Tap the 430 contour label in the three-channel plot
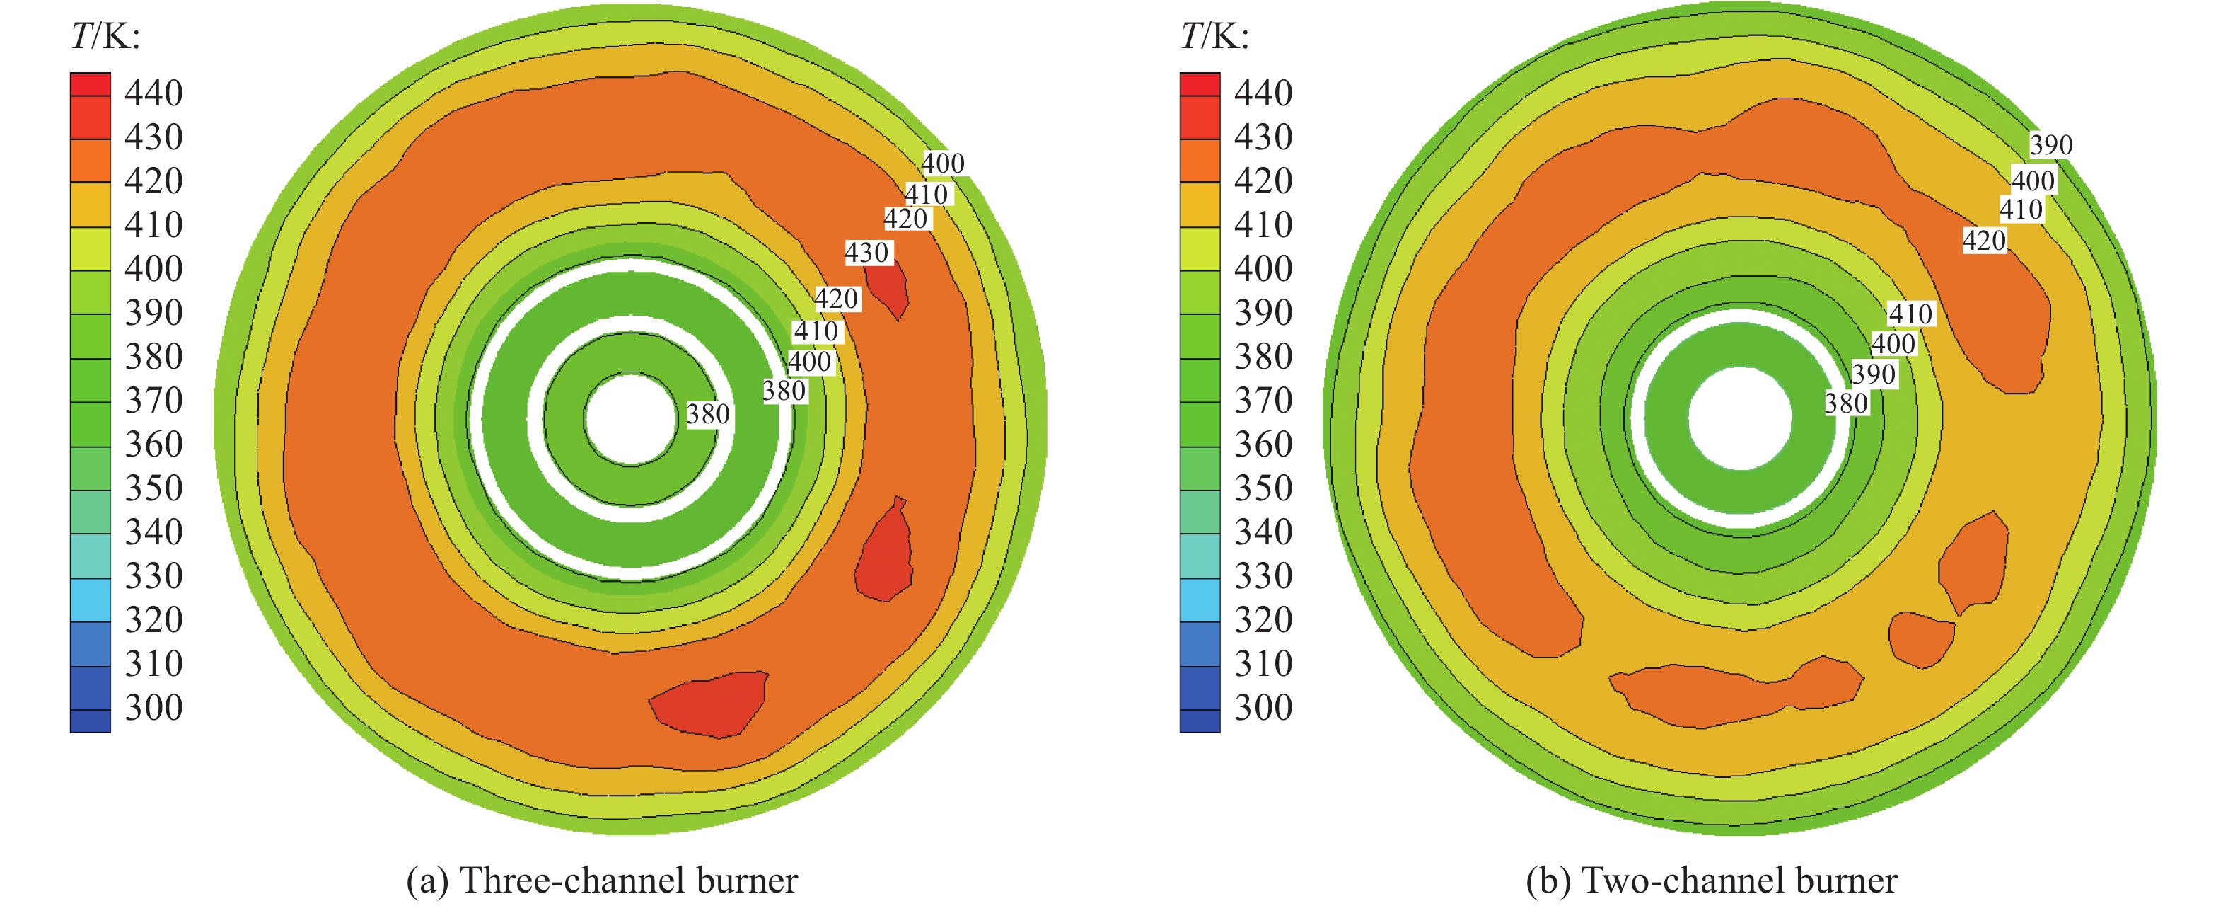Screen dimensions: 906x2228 (x=866, y=253)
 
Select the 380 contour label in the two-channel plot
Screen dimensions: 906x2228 (x=1846, y=403)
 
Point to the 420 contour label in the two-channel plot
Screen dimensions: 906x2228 (x=1983, y=241)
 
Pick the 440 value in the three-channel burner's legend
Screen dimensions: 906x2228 (x=154, y=93)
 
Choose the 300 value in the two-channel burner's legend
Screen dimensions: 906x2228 (x=1263, y=708)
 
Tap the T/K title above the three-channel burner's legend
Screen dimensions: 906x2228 (x=105, y=36)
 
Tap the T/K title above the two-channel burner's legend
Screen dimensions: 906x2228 (x=1214, y=36)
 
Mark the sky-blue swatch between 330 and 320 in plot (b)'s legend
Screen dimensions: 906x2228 (x=1200, y=599)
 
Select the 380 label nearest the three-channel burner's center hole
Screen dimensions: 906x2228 (x=708, y=415)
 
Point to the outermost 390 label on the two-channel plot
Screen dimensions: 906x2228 (x=2050, y=144)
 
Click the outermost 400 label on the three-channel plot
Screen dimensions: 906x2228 (x=942, y=163)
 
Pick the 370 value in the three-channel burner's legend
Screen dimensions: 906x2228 (x=154, y=401)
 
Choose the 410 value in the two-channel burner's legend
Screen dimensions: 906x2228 (x=1263, y=225)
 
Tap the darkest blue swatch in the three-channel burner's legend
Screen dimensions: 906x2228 (x=90, y=721)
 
